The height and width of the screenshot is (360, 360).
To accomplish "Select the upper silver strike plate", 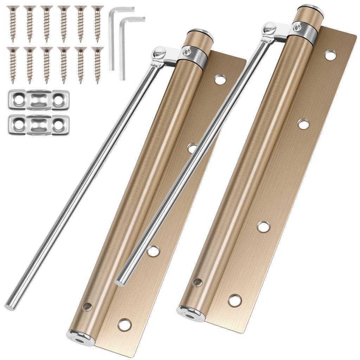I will click(39, 100).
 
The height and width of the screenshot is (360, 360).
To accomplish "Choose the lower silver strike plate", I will click(39, 124).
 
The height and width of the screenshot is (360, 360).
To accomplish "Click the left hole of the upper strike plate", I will click(19, 100).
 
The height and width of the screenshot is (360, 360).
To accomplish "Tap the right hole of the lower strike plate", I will click(58, 125).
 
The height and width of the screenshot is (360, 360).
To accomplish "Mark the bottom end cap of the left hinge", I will click(80, 338).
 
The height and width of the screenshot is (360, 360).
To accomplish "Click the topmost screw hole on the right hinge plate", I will click(330, 55).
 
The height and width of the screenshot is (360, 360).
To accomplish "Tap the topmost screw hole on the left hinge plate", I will click(220, 79).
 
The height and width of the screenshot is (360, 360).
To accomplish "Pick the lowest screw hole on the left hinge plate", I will click(124, 324).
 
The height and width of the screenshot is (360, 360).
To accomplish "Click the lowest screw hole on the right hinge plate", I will click(234, 300).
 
